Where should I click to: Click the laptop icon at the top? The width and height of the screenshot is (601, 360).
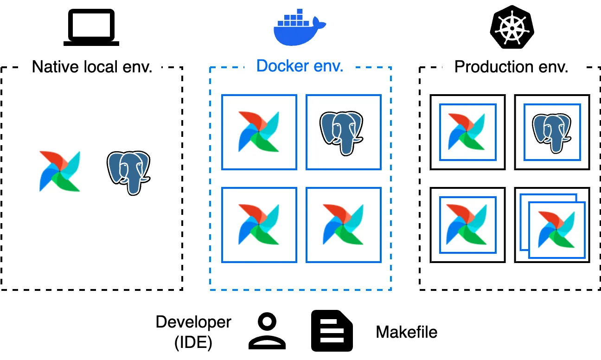(91, 28)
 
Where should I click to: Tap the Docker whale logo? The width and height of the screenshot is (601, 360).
(300, 29)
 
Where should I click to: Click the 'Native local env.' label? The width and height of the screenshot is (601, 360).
(92, 67)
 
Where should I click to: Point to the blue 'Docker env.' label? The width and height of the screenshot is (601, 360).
(300, 66)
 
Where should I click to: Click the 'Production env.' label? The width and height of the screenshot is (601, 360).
(511, 67)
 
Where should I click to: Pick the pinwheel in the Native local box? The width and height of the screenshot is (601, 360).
(60, 171)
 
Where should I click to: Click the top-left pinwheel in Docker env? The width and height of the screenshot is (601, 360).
(259, 132)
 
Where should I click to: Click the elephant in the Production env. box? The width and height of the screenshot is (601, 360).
(551, 132)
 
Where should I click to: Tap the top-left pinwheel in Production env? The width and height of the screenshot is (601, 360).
(467, 132)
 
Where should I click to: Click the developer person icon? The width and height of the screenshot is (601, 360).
(267, 331)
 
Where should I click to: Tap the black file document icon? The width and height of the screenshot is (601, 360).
(332, 330)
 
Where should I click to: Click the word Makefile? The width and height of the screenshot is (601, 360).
(406, 332)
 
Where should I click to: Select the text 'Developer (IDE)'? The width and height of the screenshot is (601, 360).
(193, 332)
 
